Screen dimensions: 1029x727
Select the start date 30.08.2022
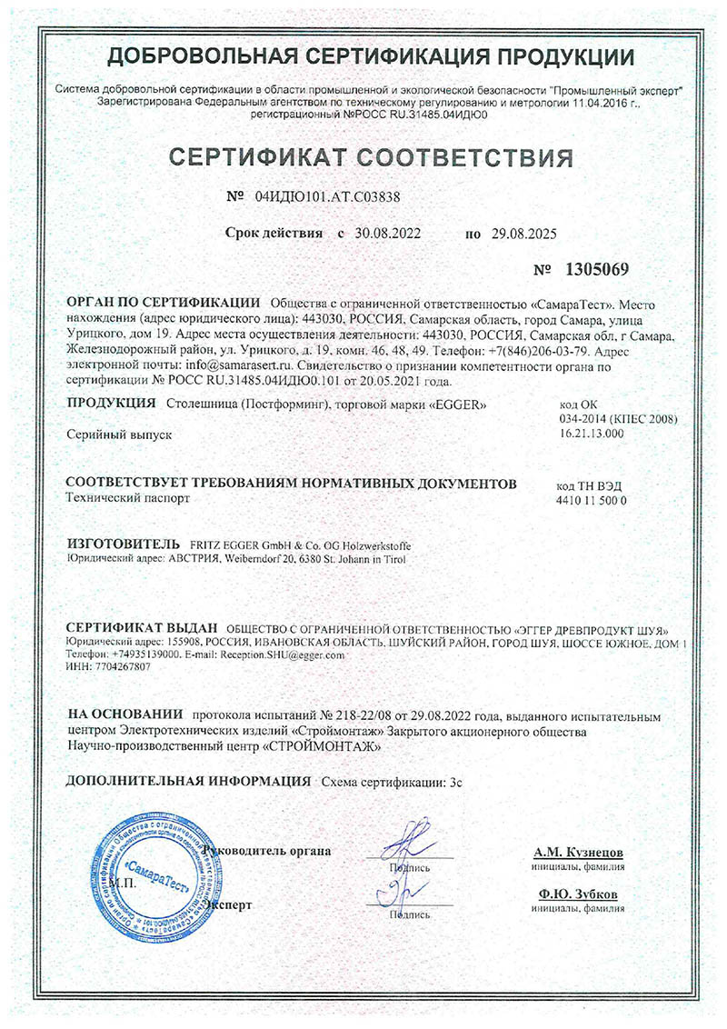click(388, 234)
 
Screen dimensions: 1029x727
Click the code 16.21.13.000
click(592, 435)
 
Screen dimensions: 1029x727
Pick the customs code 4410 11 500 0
click(591, 500)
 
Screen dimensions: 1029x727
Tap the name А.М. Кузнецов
click(577, 853)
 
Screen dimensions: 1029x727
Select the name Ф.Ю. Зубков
click(577, 895)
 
